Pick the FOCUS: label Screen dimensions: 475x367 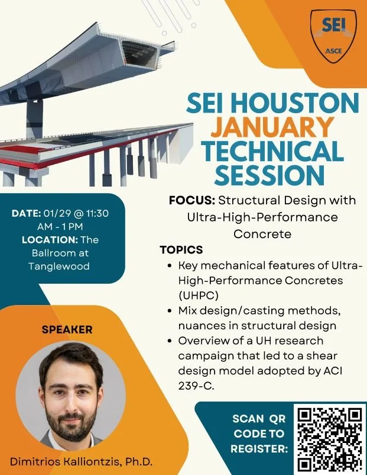pos(187,200)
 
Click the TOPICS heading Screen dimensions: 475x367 pos(181,249)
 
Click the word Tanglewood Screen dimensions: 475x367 pos(59,266)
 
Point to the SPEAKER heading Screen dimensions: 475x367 pos(67,329)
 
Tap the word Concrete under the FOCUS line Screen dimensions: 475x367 pos(262,233)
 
